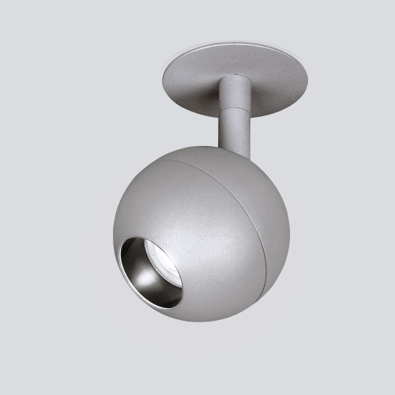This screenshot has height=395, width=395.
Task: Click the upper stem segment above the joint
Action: tap(234, 88)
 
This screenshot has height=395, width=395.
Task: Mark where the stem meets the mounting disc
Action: tap(235, 77)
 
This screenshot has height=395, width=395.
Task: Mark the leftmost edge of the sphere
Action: tap(114, 229)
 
